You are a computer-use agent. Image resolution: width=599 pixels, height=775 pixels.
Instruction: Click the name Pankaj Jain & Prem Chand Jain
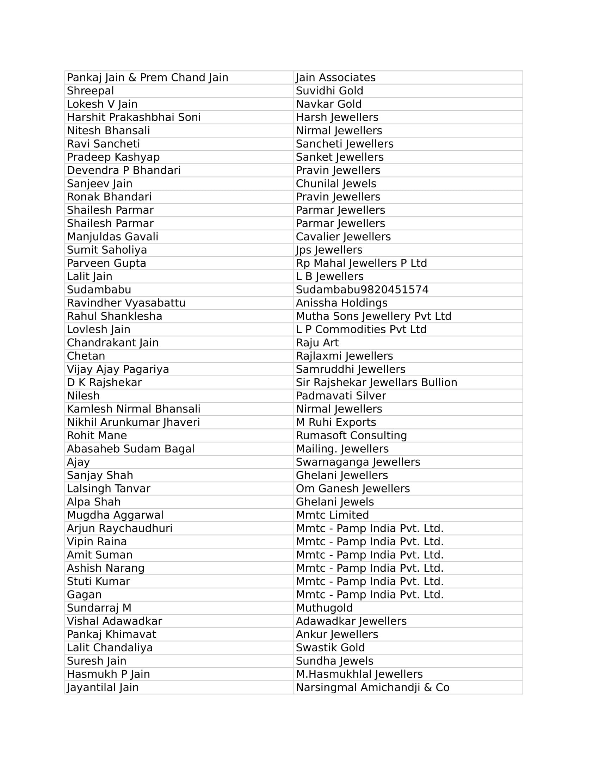coord(147,78)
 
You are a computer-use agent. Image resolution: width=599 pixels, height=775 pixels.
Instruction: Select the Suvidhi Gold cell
coord(329,91)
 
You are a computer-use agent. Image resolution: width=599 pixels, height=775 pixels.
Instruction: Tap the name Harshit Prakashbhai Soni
coord(134,117)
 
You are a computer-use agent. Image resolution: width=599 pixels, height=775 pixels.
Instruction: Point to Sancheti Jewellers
coord(345,144)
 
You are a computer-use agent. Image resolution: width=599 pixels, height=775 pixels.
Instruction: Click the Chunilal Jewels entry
coord(336,184)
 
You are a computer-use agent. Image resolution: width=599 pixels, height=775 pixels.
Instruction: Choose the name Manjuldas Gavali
coord(112,237)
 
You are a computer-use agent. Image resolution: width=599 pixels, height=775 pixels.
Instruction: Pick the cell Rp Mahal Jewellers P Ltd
coord(361,263)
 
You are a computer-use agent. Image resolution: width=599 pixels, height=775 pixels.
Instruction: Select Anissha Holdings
coord(341,303)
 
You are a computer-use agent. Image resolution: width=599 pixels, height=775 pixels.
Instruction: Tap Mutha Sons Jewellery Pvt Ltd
coord(373,316)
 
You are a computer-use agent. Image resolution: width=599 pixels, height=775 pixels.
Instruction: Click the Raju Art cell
coord(317,343)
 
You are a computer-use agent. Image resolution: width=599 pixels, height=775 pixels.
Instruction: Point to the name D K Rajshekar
coord(104,383)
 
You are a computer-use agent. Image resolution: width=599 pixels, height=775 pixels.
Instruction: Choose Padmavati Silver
coord(341,396)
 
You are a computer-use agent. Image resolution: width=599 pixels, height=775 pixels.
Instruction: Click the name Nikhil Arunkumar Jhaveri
coord(134,422)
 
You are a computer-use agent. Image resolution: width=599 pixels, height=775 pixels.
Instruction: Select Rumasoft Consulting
coord(351,435)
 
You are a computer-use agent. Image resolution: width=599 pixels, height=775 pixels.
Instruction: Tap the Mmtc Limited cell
coord(332,515)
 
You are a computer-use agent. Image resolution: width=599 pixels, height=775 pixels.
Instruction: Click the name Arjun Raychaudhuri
coord(119,528)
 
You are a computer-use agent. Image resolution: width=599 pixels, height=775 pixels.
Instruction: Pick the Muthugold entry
coord(324,608)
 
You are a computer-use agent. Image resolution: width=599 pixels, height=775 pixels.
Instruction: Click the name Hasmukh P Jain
coord(108,674)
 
